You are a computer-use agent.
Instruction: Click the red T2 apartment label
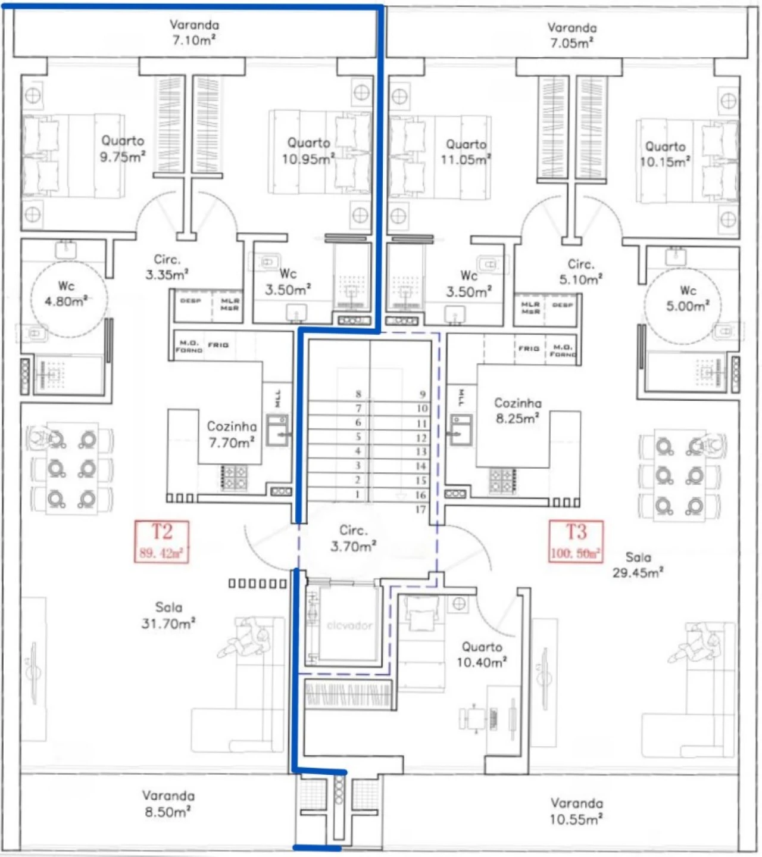coord(161,541)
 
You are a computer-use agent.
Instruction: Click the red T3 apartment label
coord(576,541)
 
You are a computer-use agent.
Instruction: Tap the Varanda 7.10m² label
coord(194,32)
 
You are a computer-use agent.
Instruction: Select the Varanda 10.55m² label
coord(576,811)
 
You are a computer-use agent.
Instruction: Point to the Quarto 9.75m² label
coord(123,148)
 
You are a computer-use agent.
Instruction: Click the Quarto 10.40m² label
coord(482,654)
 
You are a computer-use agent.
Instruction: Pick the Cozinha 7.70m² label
coord(232,434)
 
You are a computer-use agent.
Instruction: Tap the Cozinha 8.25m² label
coord(517,410)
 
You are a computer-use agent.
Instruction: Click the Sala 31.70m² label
coord(168,615)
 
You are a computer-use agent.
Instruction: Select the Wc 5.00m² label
coord(688,298)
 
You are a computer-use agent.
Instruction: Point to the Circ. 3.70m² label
coord(353,538)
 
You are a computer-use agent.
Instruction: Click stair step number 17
coord(421,509)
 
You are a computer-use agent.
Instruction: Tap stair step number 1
coord(357,494)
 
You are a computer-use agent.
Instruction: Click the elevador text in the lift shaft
coord(349,625)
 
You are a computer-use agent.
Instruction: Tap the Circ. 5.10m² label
coord(580,272)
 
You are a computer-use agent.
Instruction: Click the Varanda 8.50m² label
coord(168,803)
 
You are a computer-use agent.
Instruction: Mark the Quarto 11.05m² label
coord(466,152)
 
